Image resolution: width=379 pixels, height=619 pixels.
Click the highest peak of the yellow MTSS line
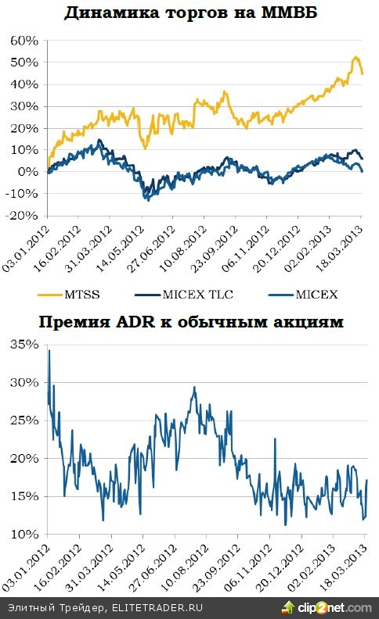click(356, 57)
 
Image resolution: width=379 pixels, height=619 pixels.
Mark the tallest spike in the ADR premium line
click(49, 351)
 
